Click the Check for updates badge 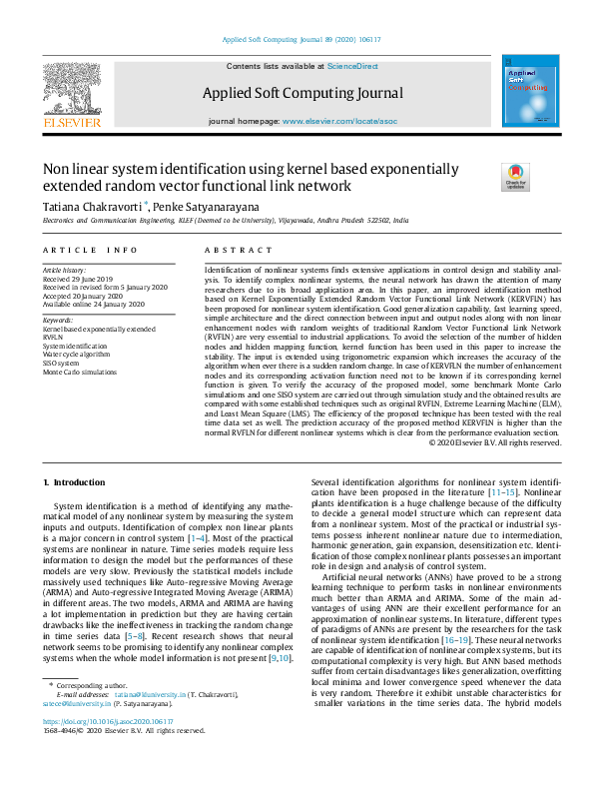(515, 177)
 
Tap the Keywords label (60, 320)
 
